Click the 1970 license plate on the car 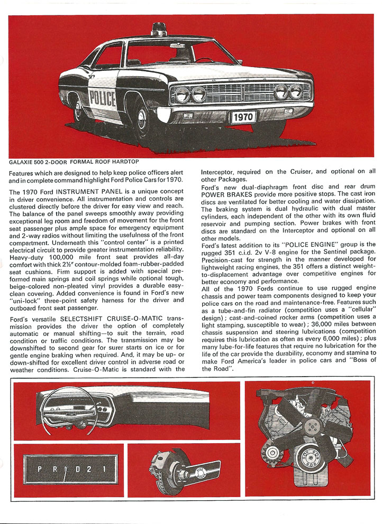[x=242, y=116]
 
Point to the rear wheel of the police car [x=80, y=109]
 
